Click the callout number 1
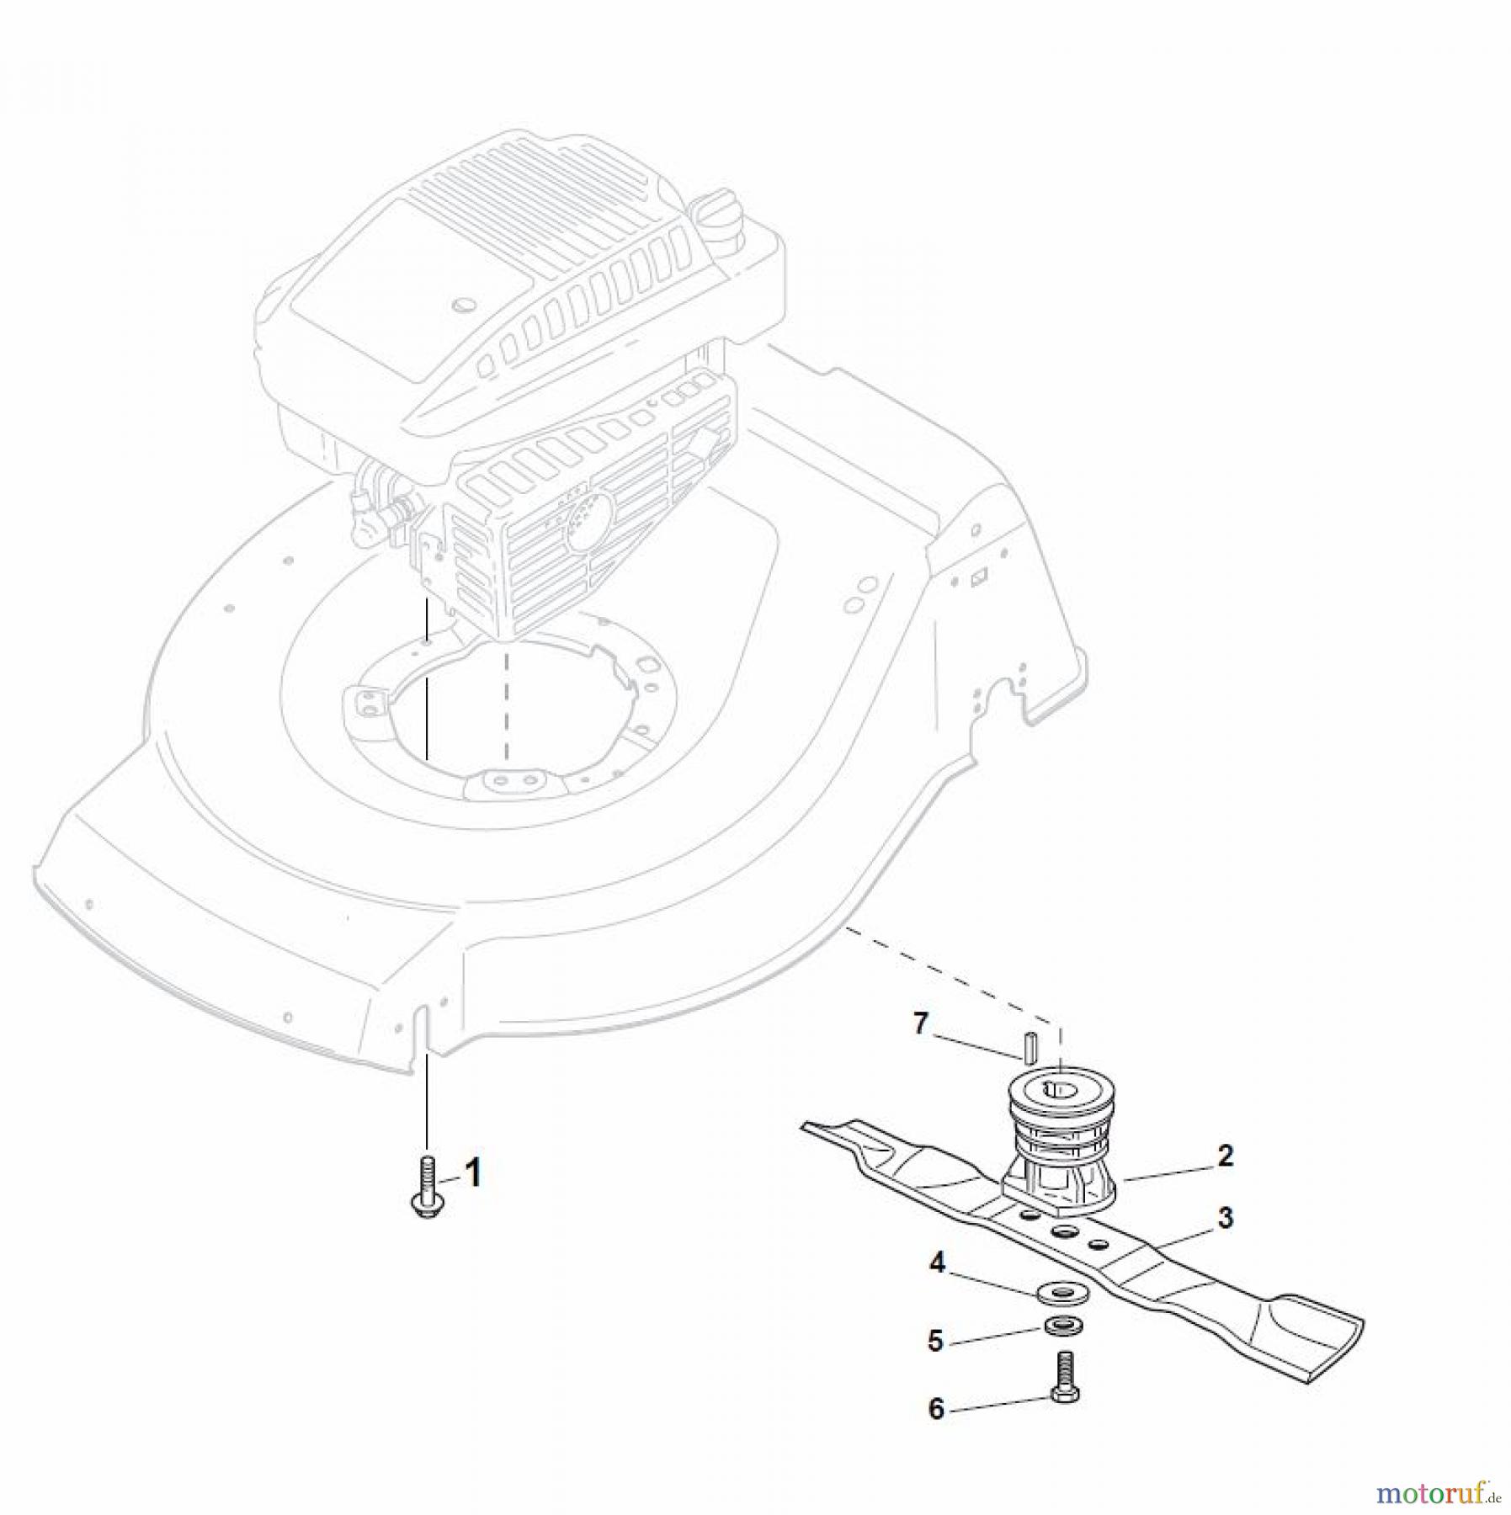coord(474,1172)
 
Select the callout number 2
coord(1226,1156)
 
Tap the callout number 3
coord(1226,1218)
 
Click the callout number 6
coord(937,1409)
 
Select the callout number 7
coord(921,1024)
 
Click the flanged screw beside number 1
coord(426,1190)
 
